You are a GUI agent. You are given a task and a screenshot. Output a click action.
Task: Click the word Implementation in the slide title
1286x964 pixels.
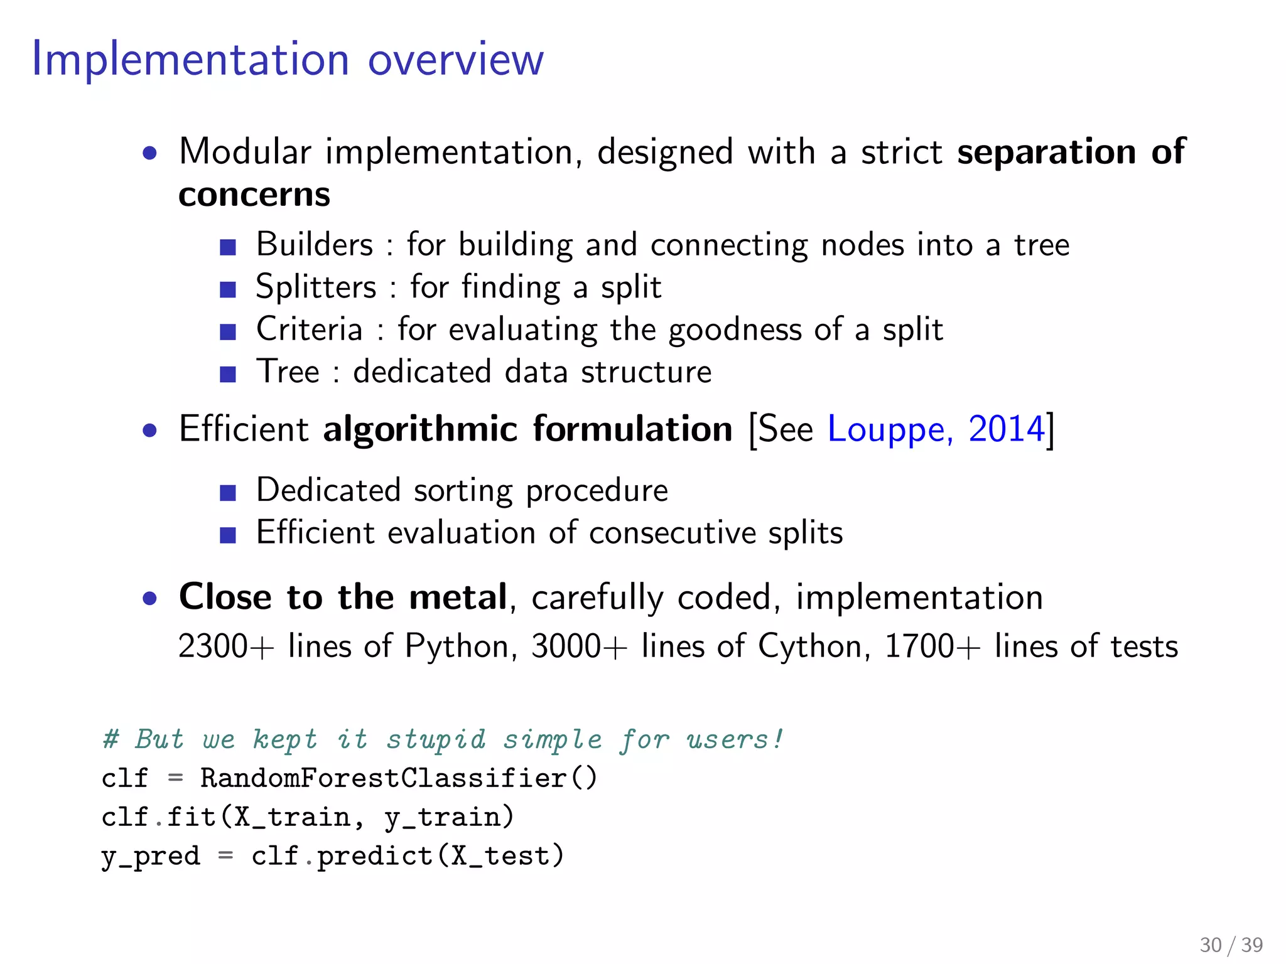(190, 60)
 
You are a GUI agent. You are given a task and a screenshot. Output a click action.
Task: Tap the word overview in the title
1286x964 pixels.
(455, 60)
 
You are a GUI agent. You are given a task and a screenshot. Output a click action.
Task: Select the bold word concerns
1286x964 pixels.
(254, 195)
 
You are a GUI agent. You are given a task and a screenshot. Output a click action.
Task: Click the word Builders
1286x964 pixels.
(315, 244)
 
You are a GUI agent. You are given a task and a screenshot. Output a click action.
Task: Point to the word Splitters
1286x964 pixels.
(316, 287)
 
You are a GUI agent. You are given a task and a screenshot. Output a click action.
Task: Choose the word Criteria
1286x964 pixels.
(310, 329)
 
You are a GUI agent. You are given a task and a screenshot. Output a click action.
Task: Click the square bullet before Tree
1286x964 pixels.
(227, 375)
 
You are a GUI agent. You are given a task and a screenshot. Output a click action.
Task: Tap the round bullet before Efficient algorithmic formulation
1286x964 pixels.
(149, 431)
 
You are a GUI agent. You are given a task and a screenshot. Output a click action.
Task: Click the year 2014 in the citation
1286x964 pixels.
(1006, 430)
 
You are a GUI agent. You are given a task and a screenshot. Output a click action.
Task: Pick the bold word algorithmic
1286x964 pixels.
(421, 430)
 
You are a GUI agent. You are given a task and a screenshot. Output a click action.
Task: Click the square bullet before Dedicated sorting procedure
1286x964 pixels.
(227, 493)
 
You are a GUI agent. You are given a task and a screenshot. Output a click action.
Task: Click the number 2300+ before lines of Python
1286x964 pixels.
(226, 646)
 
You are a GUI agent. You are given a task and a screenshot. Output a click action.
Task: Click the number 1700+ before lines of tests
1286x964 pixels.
(932, 646)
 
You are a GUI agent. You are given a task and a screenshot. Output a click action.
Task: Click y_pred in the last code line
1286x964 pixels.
(151, 857)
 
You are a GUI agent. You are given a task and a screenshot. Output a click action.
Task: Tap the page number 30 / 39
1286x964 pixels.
(1231, 945)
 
